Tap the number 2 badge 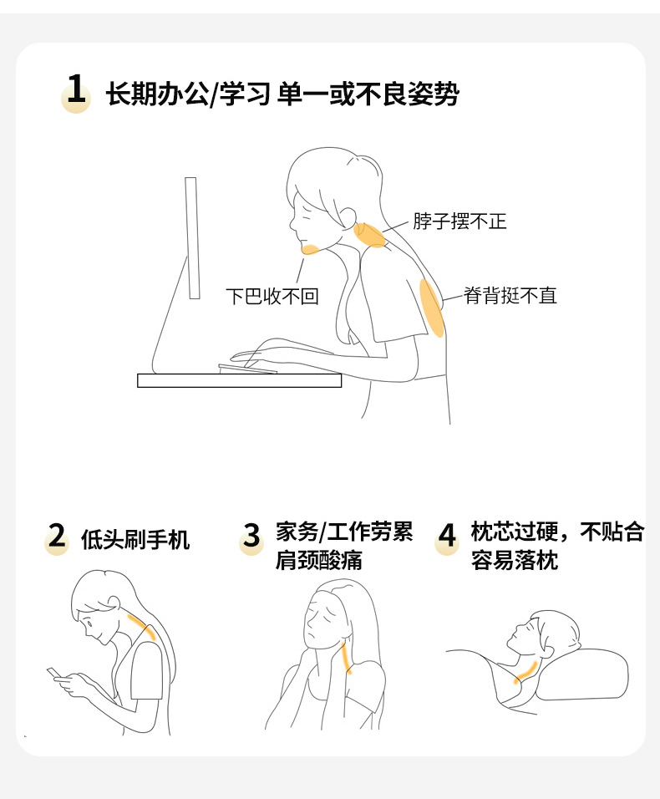tap(57, 537)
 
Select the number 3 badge tap(251, 537)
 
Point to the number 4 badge tap(447, 537)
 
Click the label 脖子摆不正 tap(459, 221)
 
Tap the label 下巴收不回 tap(272, 296)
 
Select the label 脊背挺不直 tap(510, 296)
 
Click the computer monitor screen tap(192, 238)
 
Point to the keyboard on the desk tap(248, 369)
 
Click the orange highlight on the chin tap(310, 249)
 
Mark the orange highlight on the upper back tap(431, 308)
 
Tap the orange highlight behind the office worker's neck tap(370, 236)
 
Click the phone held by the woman tap(54, 674)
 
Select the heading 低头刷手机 tap(135, 540)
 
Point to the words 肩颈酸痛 tap(319, 561)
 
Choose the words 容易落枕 tap(515, 561)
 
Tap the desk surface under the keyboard tap(239, 380)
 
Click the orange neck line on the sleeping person tap(525, 672)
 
